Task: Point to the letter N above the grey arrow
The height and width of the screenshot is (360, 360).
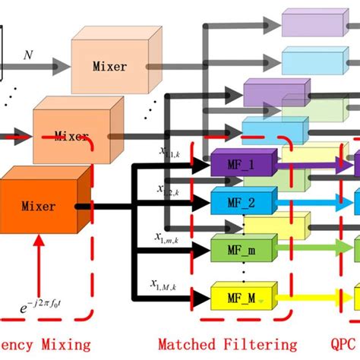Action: click(30, 54)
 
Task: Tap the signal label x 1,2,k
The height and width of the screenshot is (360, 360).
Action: click(169, 190)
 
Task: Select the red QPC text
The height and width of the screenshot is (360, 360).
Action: click(344, 343)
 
